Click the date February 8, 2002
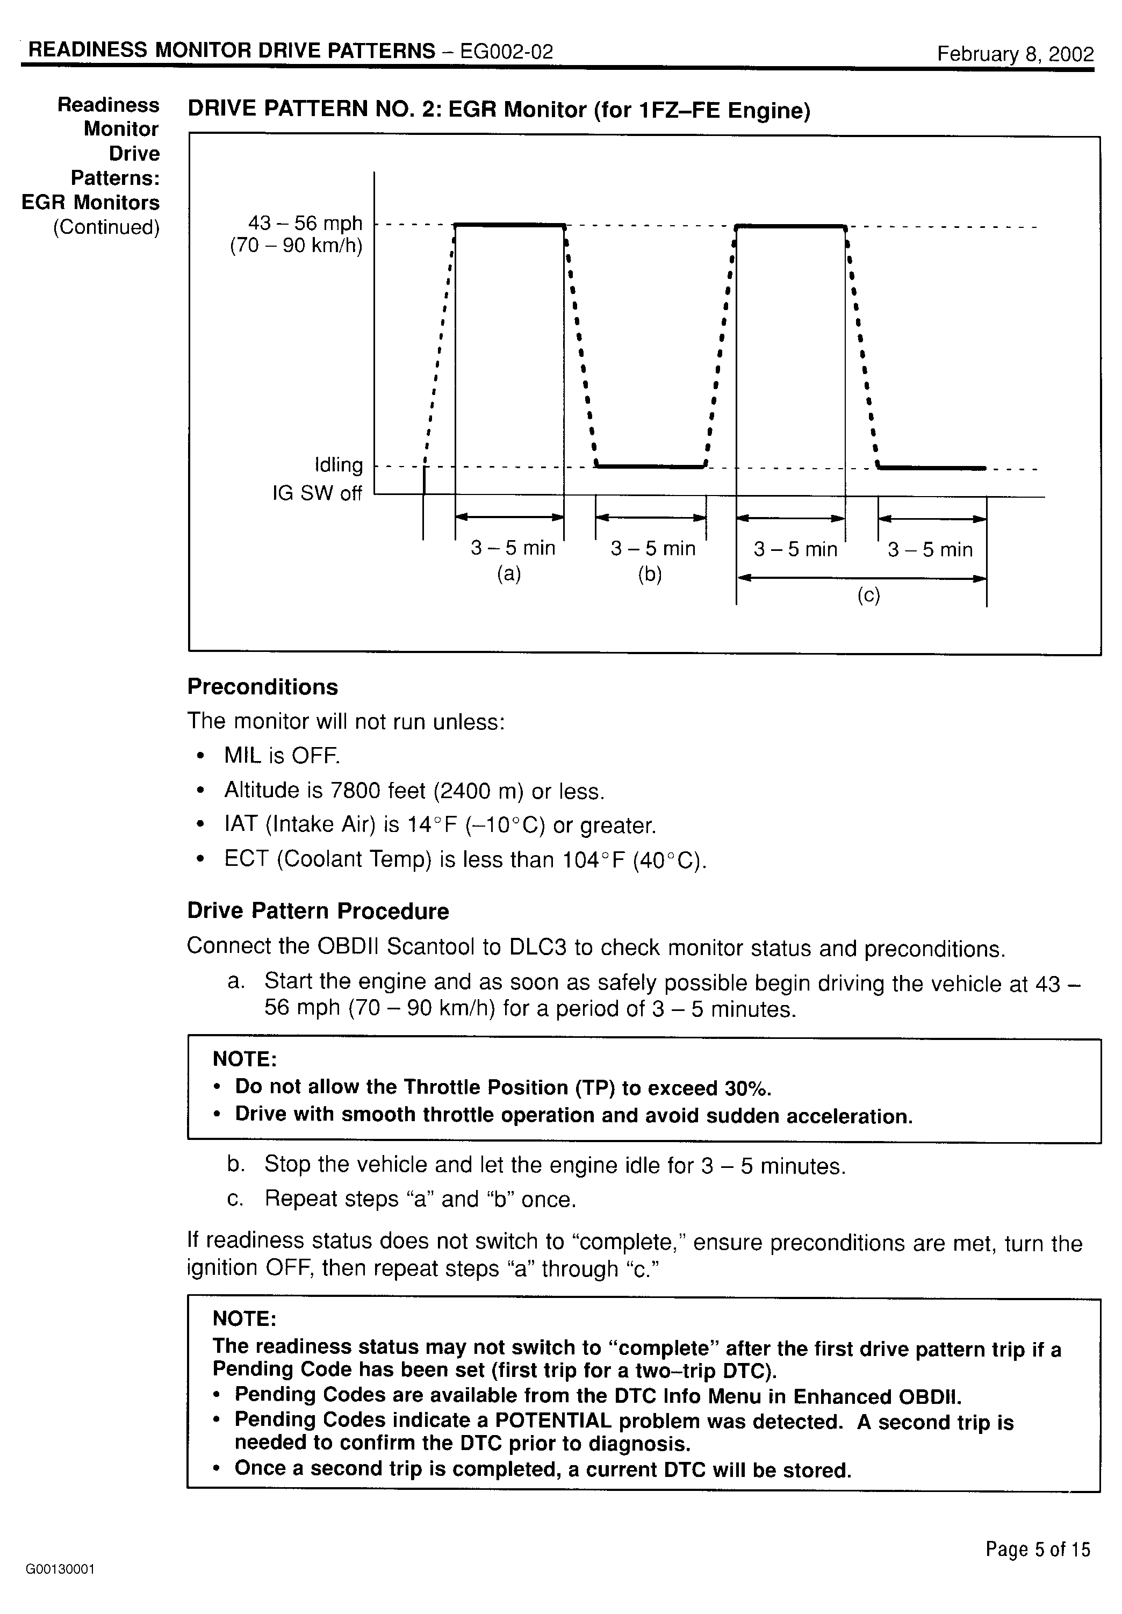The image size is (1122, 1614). pyautogui.click(x=1015, y=54)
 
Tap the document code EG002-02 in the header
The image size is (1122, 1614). pyautogui.click(x=506, y=51)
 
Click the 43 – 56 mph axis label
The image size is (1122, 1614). pyautogui.click(x=305, y=224)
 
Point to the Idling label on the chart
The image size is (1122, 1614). pyautogui.click(x=339, y=465)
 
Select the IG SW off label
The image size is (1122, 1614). pyautogui.click(x=317, y=493)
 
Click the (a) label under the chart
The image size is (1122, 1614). pyautogui.click(x=509, y=575)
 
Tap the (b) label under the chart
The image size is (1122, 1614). pyautogui.click(x=650, y=575)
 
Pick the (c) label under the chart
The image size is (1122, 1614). pyautogui.click(x=868, y=596)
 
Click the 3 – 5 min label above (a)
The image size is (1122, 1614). pyautogui.click(x=513, y=548)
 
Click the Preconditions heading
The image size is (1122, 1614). pyautogui.click(x=262, y=687)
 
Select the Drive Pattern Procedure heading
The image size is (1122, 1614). pyautogui.click(x=318, y=911)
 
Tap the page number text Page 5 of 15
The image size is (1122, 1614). pyautogui.click(x=1037, y=1550)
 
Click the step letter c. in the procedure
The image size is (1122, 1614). pyautogui.click(x=235, y=1199)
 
